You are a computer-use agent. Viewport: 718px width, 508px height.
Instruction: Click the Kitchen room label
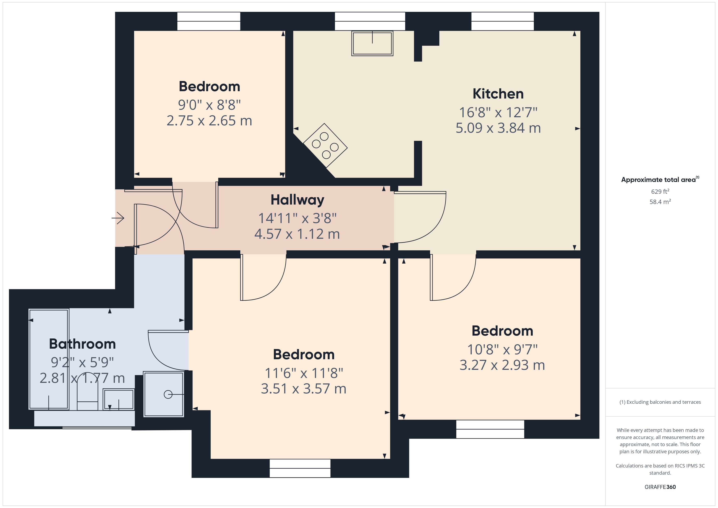point(498,94)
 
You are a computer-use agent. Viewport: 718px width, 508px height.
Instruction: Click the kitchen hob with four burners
point(325,146)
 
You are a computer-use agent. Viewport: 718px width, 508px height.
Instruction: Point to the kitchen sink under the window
point(372,44)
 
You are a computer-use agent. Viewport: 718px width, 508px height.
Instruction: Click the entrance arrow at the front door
point(118,218)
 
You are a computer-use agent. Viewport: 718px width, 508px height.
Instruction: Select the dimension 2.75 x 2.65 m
point(209,121)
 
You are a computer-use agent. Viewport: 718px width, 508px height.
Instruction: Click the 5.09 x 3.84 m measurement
point(498,128)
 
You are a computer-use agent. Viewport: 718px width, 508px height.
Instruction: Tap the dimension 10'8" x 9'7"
point(502,349)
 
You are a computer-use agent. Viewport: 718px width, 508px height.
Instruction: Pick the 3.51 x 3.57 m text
point(303,389)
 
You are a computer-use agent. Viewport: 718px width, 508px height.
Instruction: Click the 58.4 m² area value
point(660,202)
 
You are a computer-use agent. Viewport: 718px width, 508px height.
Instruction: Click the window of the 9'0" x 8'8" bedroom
point(209,21)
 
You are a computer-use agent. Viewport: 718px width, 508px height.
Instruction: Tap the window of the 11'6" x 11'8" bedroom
point(300,468)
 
